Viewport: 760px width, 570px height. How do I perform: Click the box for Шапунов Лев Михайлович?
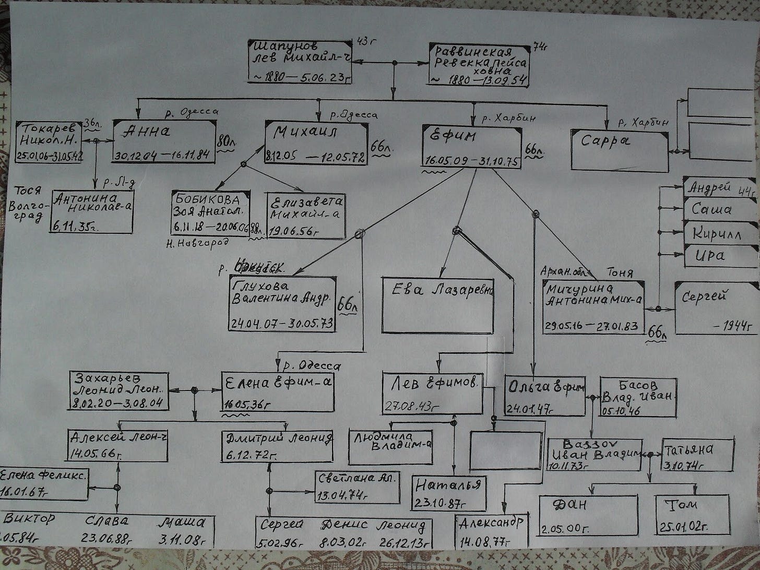(x=299, y=61)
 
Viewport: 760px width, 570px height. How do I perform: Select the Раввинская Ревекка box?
(x=478, y=65)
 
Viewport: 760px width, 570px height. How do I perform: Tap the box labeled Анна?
(x=164, y=141)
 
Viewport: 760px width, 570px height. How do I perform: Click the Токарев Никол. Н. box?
(x=49, y=141)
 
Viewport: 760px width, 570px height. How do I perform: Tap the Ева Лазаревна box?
(x=437, y=305)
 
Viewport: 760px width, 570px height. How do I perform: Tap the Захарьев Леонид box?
(x=119, y=390)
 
